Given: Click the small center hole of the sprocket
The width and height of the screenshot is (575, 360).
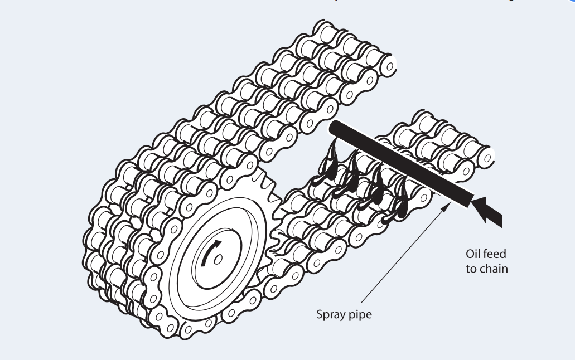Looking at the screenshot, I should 218,259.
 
